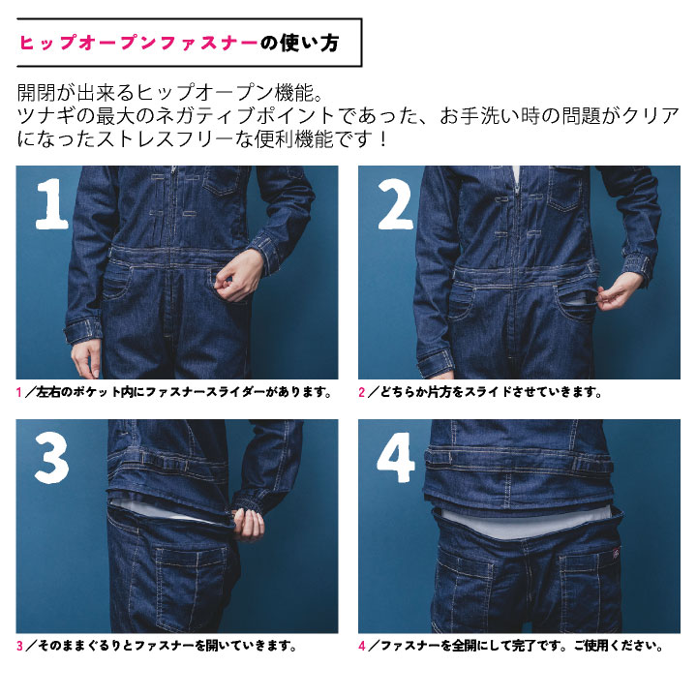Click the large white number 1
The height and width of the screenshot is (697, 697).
click(52, 203)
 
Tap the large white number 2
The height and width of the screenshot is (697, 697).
click(395, 203)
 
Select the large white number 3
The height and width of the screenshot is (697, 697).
click(51, 458)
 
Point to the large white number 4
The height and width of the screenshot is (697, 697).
click(396, 458)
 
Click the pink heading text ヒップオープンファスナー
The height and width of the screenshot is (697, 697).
click(137, 43)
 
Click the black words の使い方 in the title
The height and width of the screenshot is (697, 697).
click(299, 43)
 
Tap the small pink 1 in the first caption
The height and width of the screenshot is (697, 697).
click(18, 392)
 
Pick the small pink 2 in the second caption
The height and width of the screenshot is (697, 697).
click(362, 392)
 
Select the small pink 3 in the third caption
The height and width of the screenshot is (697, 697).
click(19, 646)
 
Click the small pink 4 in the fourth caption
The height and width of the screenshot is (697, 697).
click(362, 646)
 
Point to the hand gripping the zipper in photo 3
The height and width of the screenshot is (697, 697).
click(248, 525)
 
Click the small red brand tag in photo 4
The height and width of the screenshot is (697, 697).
click(616, 554)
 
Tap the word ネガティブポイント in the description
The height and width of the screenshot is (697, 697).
click(246, 116)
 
